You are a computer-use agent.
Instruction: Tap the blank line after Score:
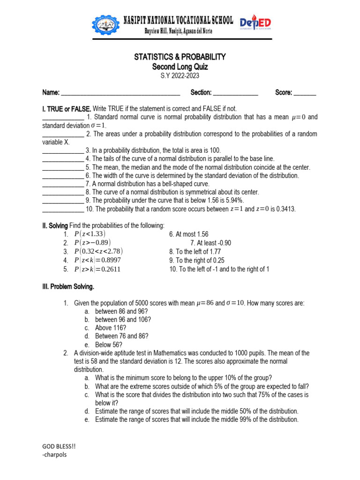click(305, 93)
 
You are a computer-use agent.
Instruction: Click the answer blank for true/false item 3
click(63, 151)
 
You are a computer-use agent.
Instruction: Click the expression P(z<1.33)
click(90, 234)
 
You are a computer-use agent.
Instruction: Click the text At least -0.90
click(210, 243)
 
